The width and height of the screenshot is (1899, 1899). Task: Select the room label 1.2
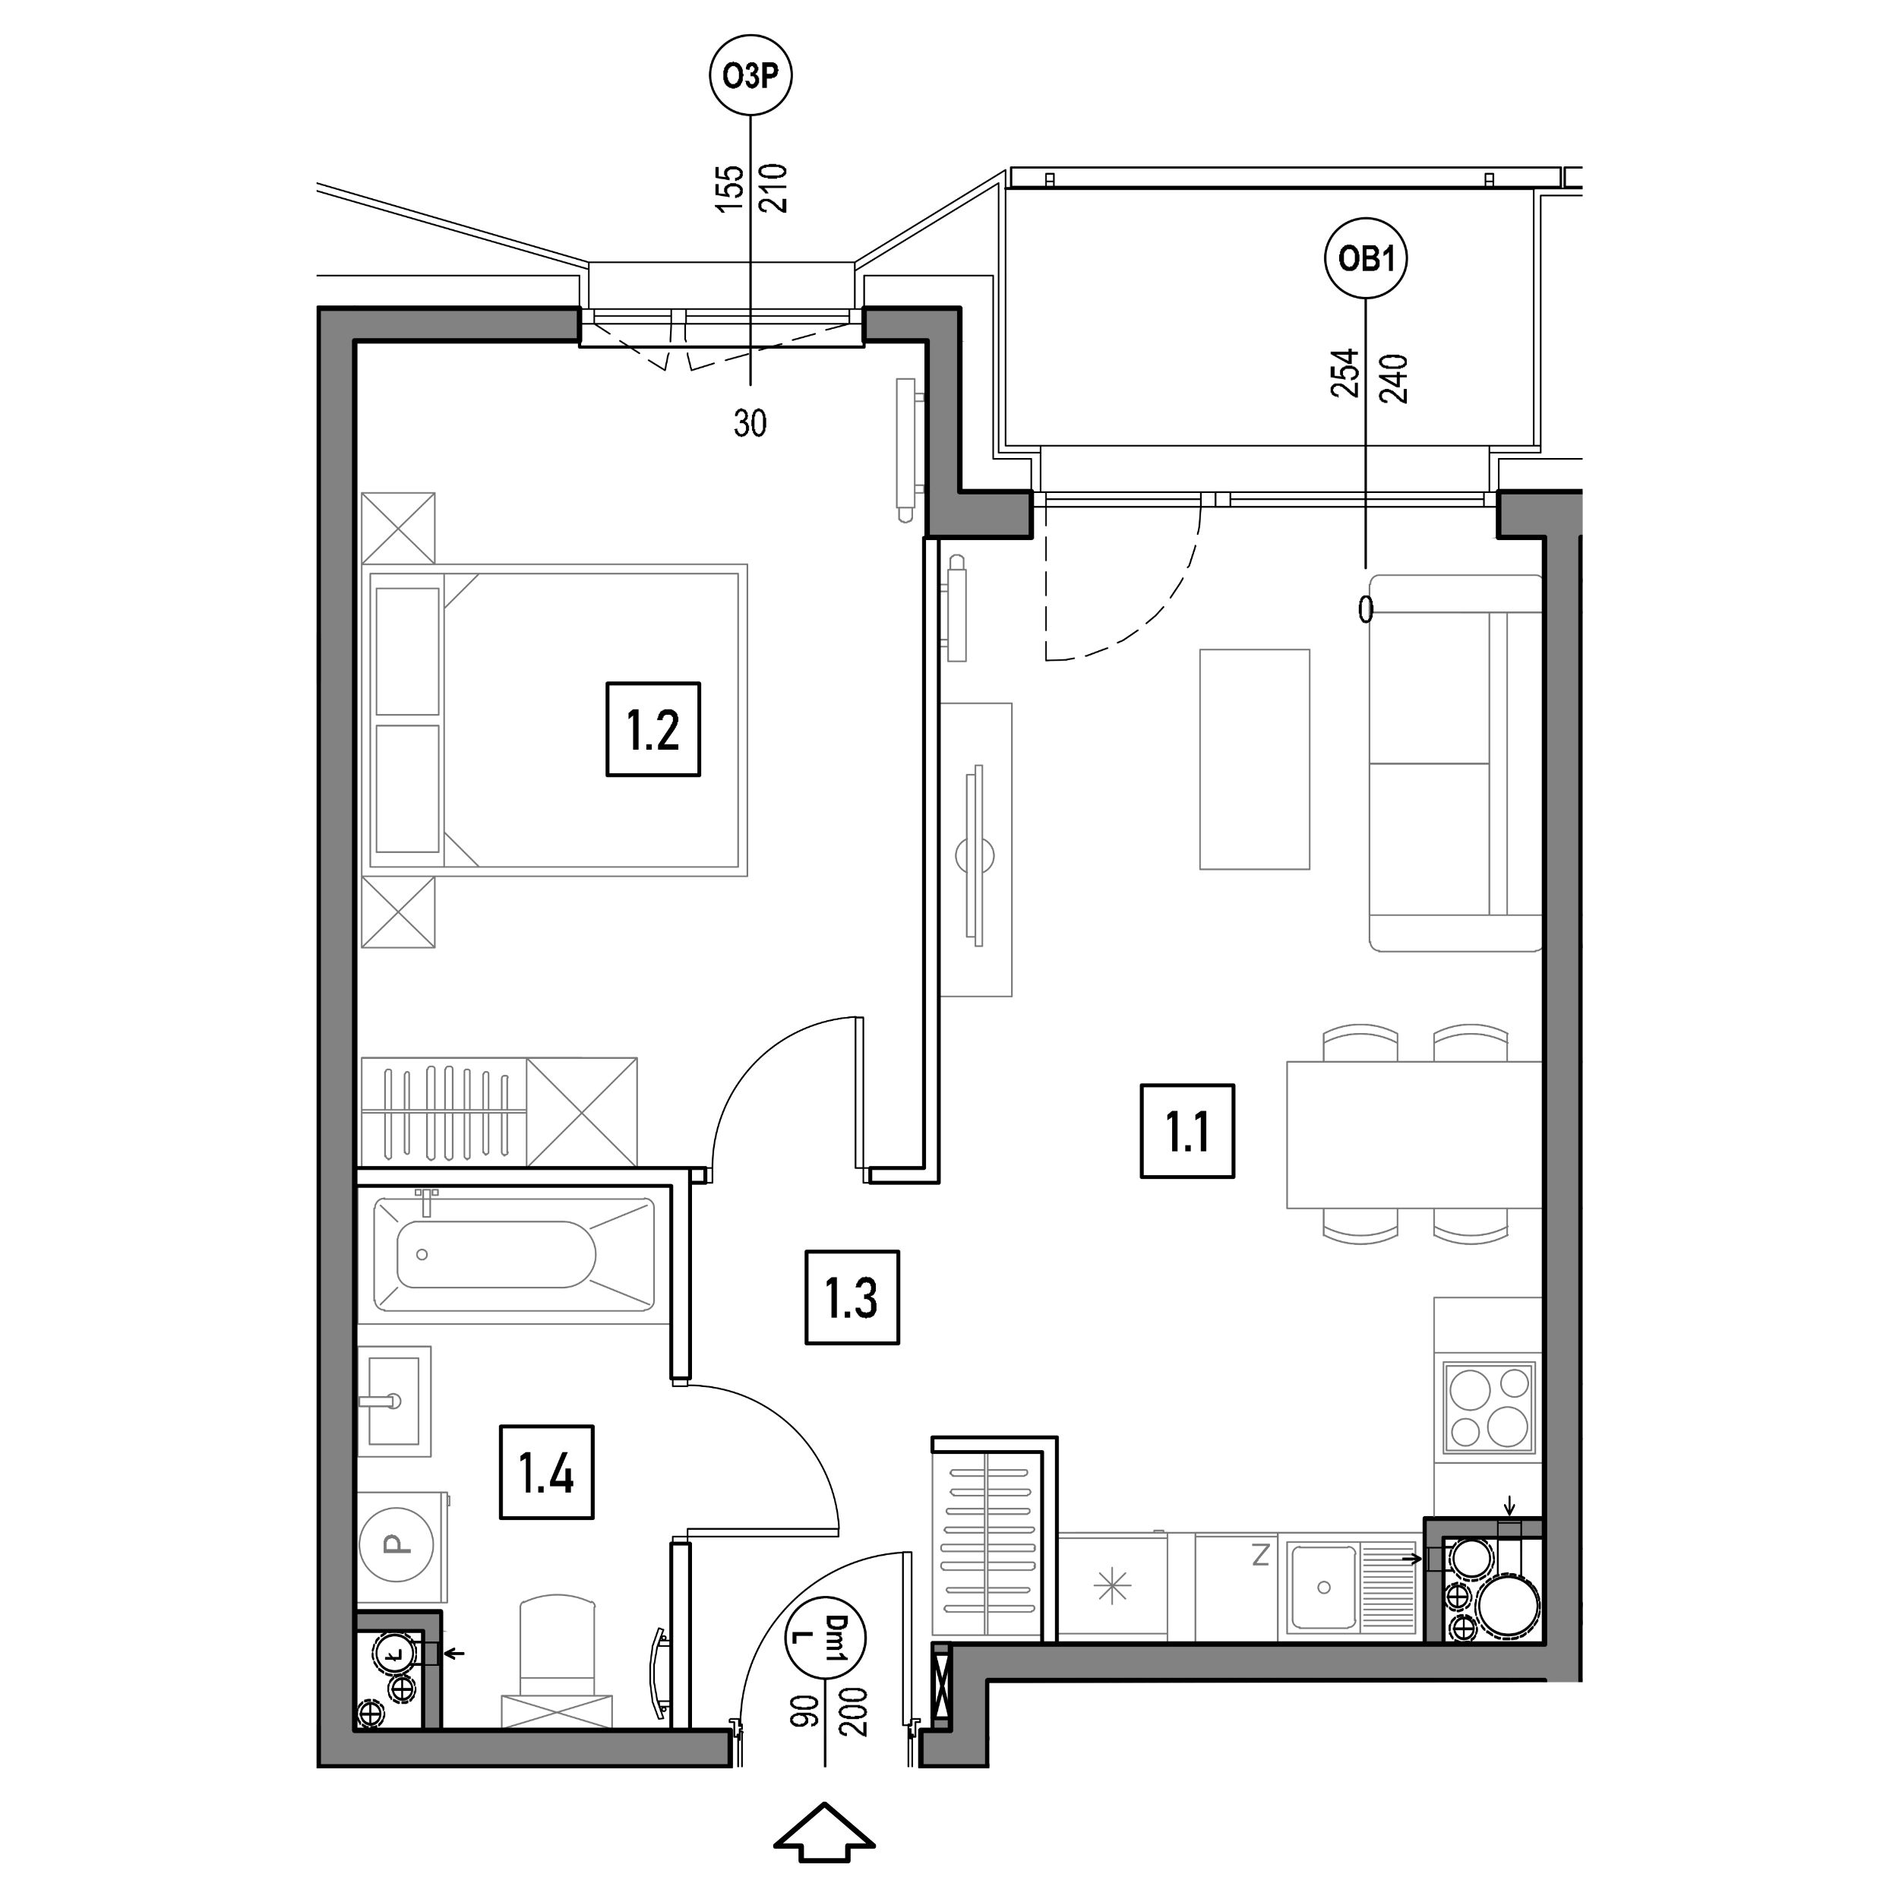[652, 729]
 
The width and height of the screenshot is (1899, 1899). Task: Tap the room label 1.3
[852, 1297]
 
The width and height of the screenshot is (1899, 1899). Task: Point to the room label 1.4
[546, 1471]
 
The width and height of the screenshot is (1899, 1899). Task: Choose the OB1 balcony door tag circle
[1367, 258]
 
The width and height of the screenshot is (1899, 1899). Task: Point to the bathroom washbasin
[394, 1401]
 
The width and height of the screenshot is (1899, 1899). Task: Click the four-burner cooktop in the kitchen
[1488, 1407]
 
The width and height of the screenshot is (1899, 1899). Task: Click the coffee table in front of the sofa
[1254, 759]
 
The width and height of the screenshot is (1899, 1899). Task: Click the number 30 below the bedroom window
[750, 424]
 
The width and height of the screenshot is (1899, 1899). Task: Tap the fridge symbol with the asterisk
[1113, 1587]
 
